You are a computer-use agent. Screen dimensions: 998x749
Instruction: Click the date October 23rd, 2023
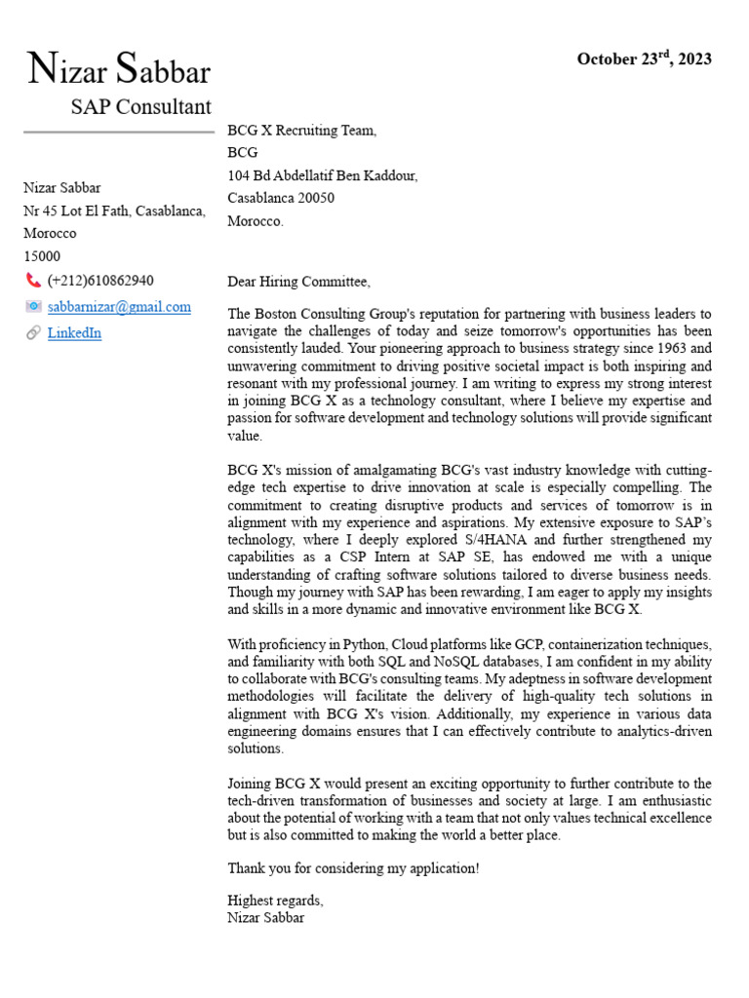[x=644, y=59]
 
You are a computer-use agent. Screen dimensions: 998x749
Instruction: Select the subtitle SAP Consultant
[x=140, y=107]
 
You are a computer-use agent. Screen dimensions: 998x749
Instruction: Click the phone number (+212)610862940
[x=100, y=281]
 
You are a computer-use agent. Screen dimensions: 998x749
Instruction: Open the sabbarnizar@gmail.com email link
[x=119, y=307]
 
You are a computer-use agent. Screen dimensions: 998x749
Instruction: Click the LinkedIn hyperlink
[x=74, y=333]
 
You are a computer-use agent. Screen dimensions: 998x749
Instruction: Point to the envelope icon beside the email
[x=33, y=307]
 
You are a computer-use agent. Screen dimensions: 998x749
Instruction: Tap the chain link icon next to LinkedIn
[x=33, y=333]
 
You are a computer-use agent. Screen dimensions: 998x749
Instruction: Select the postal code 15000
[x=42, y=256]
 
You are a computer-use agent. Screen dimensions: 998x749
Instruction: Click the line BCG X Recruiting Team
[x=301, y=131]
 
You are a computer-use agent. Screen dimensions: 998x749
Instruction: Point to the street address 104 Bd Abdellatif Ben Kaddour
[x=322, y=175]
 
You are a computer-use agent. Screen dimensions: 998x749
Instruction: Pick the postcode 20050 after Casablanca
[x=316, y=198]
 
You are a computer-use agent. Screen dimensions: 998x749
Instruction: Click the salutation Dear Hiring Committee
[x=298, y=282]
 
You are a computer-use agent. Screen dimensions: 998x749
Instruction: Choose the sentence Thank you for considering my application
[x=353, y=867]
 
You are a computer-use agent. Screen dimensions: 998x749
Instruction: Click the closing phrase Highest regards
[x=274, y=900]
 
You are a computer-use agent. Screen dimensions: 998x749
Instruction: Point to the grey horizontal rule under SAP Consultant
[x=118, y=132]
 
